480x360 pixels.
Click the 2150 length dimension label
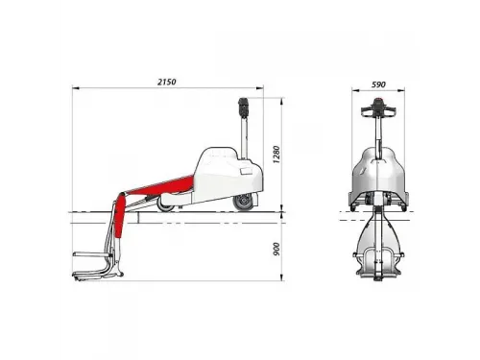pyautogui.click(x=167, y=82)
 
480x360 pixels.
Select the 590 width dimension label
pyautogui.click(x=378, y=84)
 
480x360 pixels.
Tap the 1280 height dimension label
pyautogui.click(x=276, y=155)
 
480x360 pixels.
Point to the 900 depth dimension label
pyautogui.click(x=276, y=249)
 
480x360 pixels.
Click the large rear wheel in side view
pyautogui.click(x=244, y=203)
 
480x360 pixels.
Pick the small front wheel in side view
pyautogui.click(x=165, y=205)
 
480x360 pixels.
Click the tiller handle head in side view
pyautogui.click(x=244, y=108)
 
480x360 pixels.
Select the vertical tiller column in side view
pyautogui.click(x=245, y=137)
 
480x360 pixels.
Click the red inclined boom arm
pyautogui.click(x=160, y=186)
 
